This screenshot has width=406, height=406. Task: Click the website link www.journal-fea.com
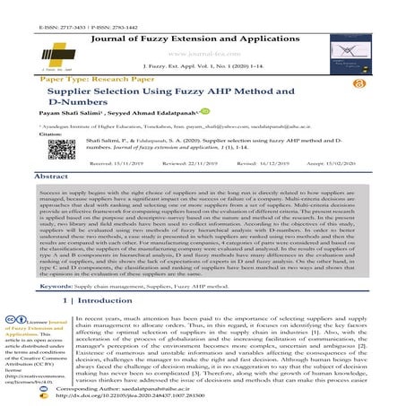[202, 40]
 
